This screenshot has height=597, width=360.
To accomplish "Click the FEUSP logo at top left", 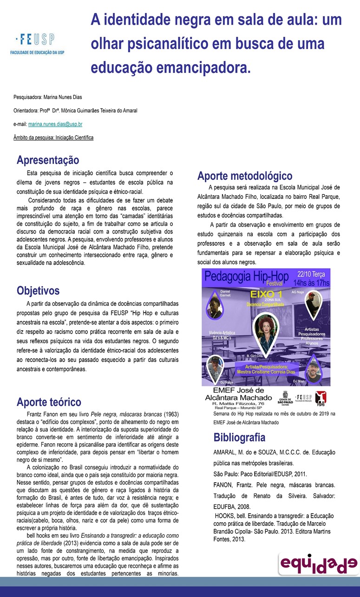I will pos(37,44).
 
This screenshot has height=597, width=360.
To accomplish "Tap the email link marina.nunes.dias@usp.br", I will pos(55,125).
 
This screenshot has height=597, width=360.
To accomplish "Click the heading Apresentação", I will pos(48,161).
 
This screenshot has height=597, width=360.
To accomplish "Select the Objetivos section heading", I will pos(38,291).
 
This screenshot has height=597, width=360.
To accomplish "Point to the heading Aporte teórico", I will pos(49,402).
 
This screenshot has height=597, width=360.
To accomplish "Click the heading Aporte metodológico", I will pos(245,176).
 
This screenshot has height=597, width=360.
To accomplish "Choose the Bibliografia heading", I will pos(239,437).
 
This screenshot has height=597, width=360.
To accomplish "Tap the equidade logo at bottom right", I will pos(318,564).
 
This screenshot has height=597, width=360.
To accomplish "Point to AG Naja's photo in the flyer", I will pos(312,305).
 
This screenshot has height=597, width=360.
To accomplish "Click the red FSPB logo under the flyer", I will pos(321,398).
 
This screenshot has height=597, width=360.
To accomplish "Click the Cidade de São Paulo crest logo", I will pos(284,398).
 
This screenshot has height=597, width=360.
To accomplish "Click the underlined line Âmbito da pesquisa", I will pos(53,138).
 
